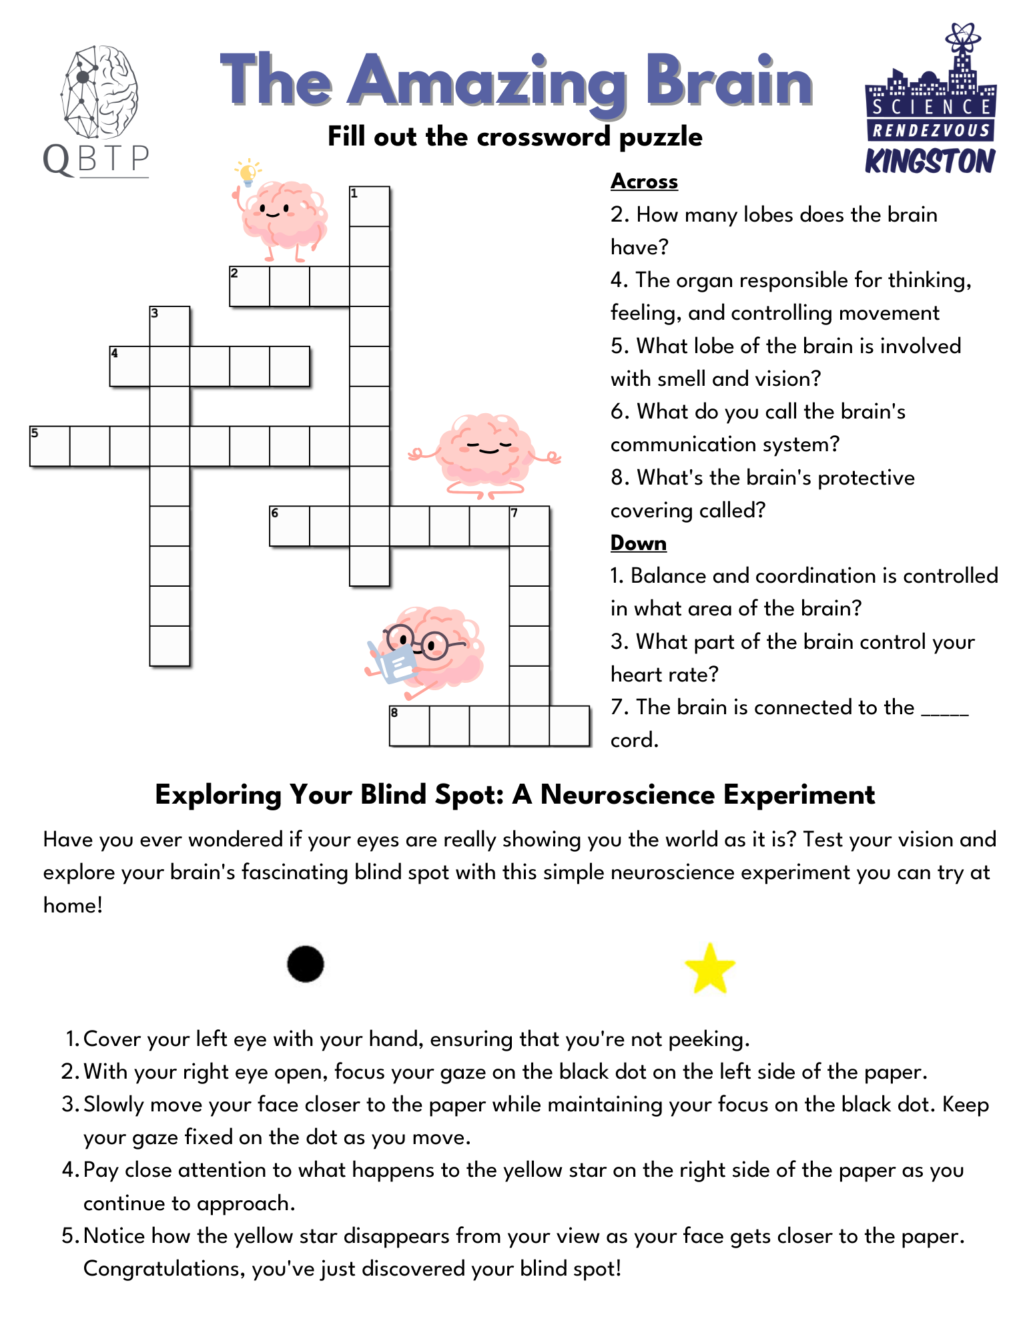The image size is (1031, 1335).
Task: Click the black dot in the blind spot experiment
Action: click(306, 964)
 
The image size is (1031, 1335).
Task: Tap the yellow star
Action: click(710, 969)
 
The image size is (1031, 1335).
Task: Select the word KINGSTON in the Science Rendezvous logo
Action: click(930, 161)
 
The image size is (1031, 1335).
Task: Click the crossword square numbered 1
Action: click(370, 207)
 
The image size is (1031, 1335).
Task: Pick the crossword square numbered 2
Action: click(250, 287)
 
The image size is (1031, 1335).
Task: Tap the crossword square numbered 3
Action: click(169, 326)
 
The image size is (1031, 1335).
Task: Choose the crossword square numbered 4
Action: click(129, 366)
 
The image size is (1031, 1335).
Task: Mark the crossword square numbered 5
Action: click(50, 446)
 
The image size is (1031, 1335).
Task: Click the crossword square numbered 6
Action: click(290, 526)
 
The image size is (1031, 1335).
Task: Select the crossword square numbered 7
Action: click(529, 526)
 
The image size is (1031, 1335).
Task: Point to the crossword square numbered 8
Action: click(409, 726)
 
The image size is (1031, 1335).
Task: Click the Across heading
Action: click(644, 181)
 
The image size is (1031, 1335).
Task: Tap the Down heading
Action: click(638, 543)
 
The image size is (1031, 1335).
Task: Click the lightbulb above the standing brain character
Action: click(248, 172)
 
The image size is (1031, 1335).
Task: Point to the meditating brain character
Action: click(485, 454)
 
